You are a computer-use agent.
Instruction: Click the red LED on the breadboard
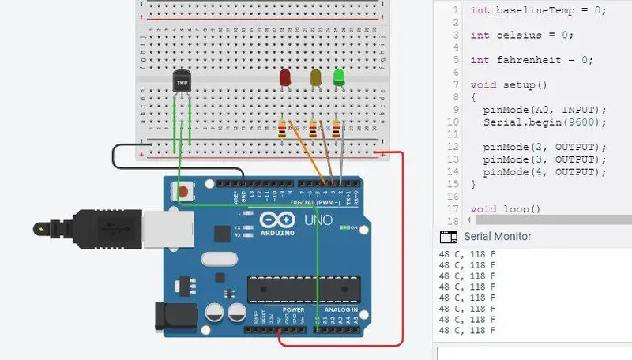285,77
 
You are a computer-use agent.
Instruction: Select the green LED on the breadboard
339,77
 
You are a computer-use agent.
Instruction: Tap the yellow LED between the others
316,77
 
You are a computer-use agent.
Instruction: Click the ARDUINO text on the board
276,233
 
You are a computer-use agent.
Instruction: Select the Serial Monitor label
497,236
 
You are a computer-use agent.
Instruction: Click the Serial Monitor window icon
448,236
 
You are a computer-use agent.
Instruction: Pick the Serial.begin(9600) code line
544,122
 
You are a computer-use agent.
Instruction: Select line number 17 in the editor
453,209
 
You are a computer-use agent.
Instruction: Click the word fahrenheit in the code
529,60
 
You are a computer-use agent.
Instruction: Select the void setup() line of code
509,84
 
